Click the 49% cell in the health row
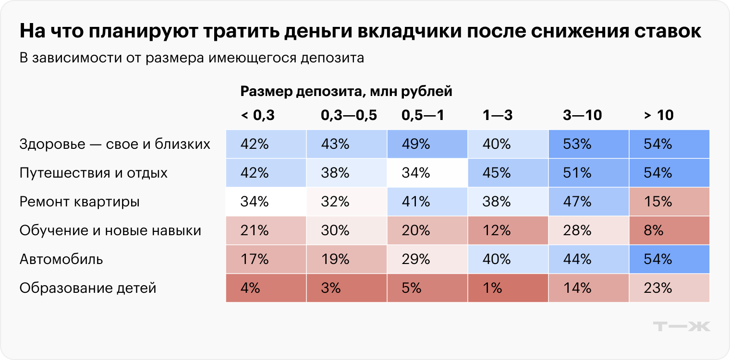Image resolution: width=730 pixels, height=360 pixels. coord(427,144)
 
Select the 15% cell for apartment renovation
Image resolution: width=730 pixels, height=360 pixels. coord(669,202)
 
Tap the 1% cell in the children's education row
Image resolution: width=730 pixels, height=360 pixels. coord(508,288)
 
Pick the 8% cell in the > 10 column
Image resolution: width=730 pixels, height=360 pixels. coord(669,230)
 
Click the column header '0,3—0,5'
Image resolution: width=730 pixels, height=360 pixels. coord(349,115)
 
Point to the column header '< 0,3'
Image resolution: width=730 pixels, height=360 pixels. coord(257,115)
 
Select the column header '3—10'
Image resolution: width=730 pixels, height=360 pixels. coord(582,115)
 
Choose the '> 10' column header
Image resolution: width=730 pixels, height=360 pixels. coord(658,115)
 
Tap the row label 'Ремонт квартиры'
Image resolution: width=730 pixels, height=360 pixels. coord(79,202)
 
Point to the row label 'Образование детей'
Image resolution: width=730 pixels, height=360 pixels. coord(88,288)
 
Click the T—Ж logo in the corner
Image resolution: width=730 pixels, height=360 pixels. coord(681,326)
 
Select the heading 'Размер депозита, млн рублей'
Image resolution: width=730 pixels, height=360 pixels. coord(346,91)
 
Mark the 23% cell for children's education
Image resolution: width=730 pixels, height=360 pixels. coord(669,288)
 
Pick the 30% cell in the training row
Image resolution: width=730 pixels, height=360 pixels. coord(346,230)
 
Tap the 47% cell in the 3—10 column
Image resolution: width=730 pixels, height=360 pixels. coord(588,202)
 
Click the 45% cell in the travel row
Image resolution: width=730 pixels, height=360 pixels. coord(508,173)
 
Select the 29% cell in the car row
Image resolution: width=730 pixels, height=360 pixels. coord(427,259)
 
